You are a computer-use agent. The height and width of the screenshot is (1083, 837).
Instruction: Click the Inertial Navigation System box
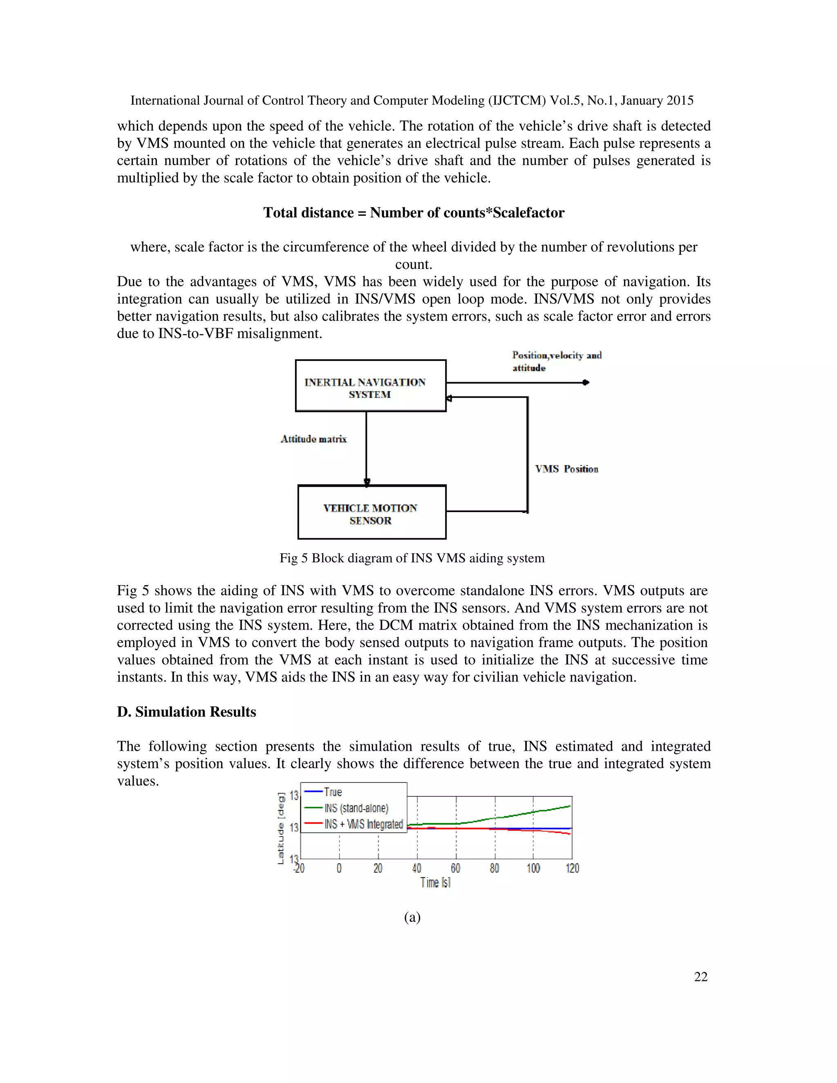[x=370, y=386]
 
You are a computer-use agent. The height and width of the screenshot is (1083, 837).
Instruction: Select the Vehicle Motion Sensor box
[x=372, y=512]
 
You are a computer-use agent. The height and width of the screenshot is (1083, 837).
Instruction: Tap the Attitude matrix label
[x=313, y=439]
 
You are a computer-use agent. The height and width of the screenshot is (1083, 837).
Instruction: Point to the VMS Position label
[x=566, y=469]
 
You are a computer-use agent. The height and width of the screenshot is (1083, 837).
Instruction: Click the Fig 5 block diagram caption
[x=412, y=558]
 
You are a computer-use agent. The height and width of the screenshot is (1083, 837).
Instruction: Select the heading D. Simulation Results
[x=186, y=712]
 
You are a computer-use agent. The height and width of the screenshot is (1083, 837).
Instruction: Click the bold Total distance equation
[x=414, y=213]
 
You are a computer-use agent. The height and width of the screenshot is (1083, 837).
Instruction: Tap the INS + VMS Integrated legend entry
[x=363, y=824]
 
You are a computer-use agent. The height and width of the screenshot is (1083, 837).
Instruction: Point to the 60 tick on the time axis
[x=455, y=868]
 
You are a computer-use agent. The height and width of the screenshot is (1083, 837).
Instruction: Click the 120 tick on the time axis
[x=572, y=868]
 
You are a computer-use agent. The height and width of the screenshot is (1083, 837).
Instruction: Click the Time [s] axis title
[x=435, y=883]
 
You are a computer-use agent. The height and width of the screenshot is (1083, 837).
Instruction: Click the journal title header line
[x=412, y=101]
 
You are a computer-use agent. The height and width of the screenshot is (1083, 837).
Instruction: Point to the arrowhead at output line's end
[x=586, y=383]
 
